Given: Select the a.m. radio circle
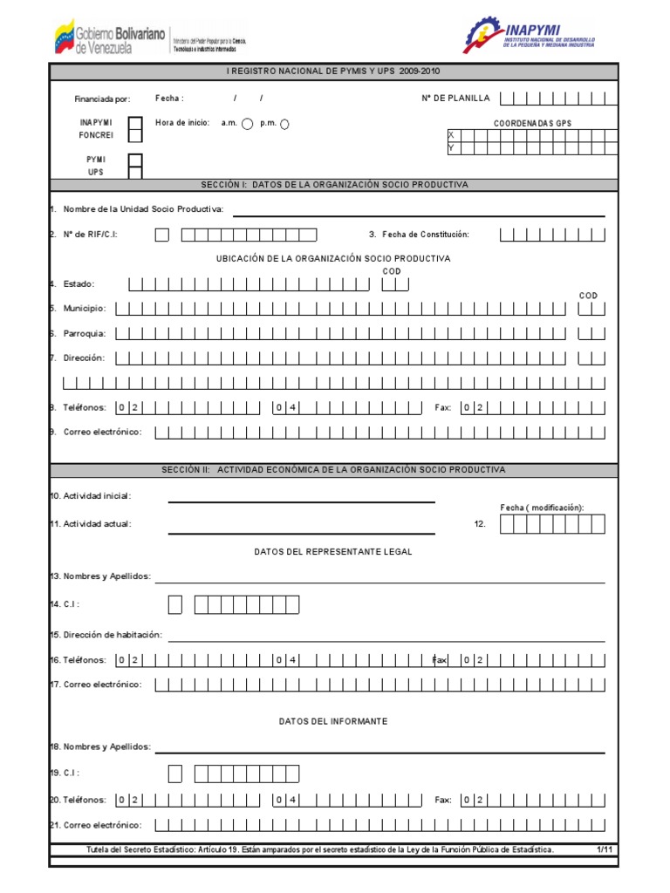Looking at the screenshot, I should click(x=248, y=124).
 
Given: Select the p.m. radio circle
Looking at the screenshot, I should click(x=284, y=124).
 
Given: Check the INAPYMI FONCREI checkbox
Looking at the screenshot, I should click(x=135, y=129).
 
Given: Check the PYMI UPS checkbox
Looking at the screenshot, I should click(x=135, y=165).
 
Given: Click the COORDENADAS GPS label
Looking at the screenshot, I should click(x=532, y=124).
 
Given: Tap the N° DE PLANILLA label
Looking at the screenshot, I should click(x=455, y=99).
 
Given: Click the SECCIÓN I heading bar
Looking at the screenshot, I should click(x=334, y=185).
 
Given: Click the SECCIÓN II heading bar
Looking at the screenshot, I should click(x=334, y=470).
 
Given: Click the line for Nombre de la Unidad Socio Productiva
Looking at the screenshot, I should click(x=418, y=214).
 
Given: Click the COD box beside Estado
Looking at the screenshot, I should click(x=394, y=284).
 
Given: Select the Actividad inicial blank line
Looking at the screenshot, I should click(x=301, y=501).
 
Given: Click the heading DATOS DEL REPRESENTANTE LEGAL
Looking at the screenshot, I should click(x=333, y=552).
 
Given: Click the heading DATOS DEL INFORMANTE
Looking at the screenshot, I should click(x=333, y=721).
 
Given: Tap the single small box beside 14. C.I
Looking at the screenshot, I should click(x=175, y=604).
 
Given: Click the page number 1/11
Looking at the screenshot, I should click(x=605, y=849).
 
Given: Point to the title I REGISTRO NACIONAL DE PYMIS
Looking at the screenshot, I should click(x=334, y=72).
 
